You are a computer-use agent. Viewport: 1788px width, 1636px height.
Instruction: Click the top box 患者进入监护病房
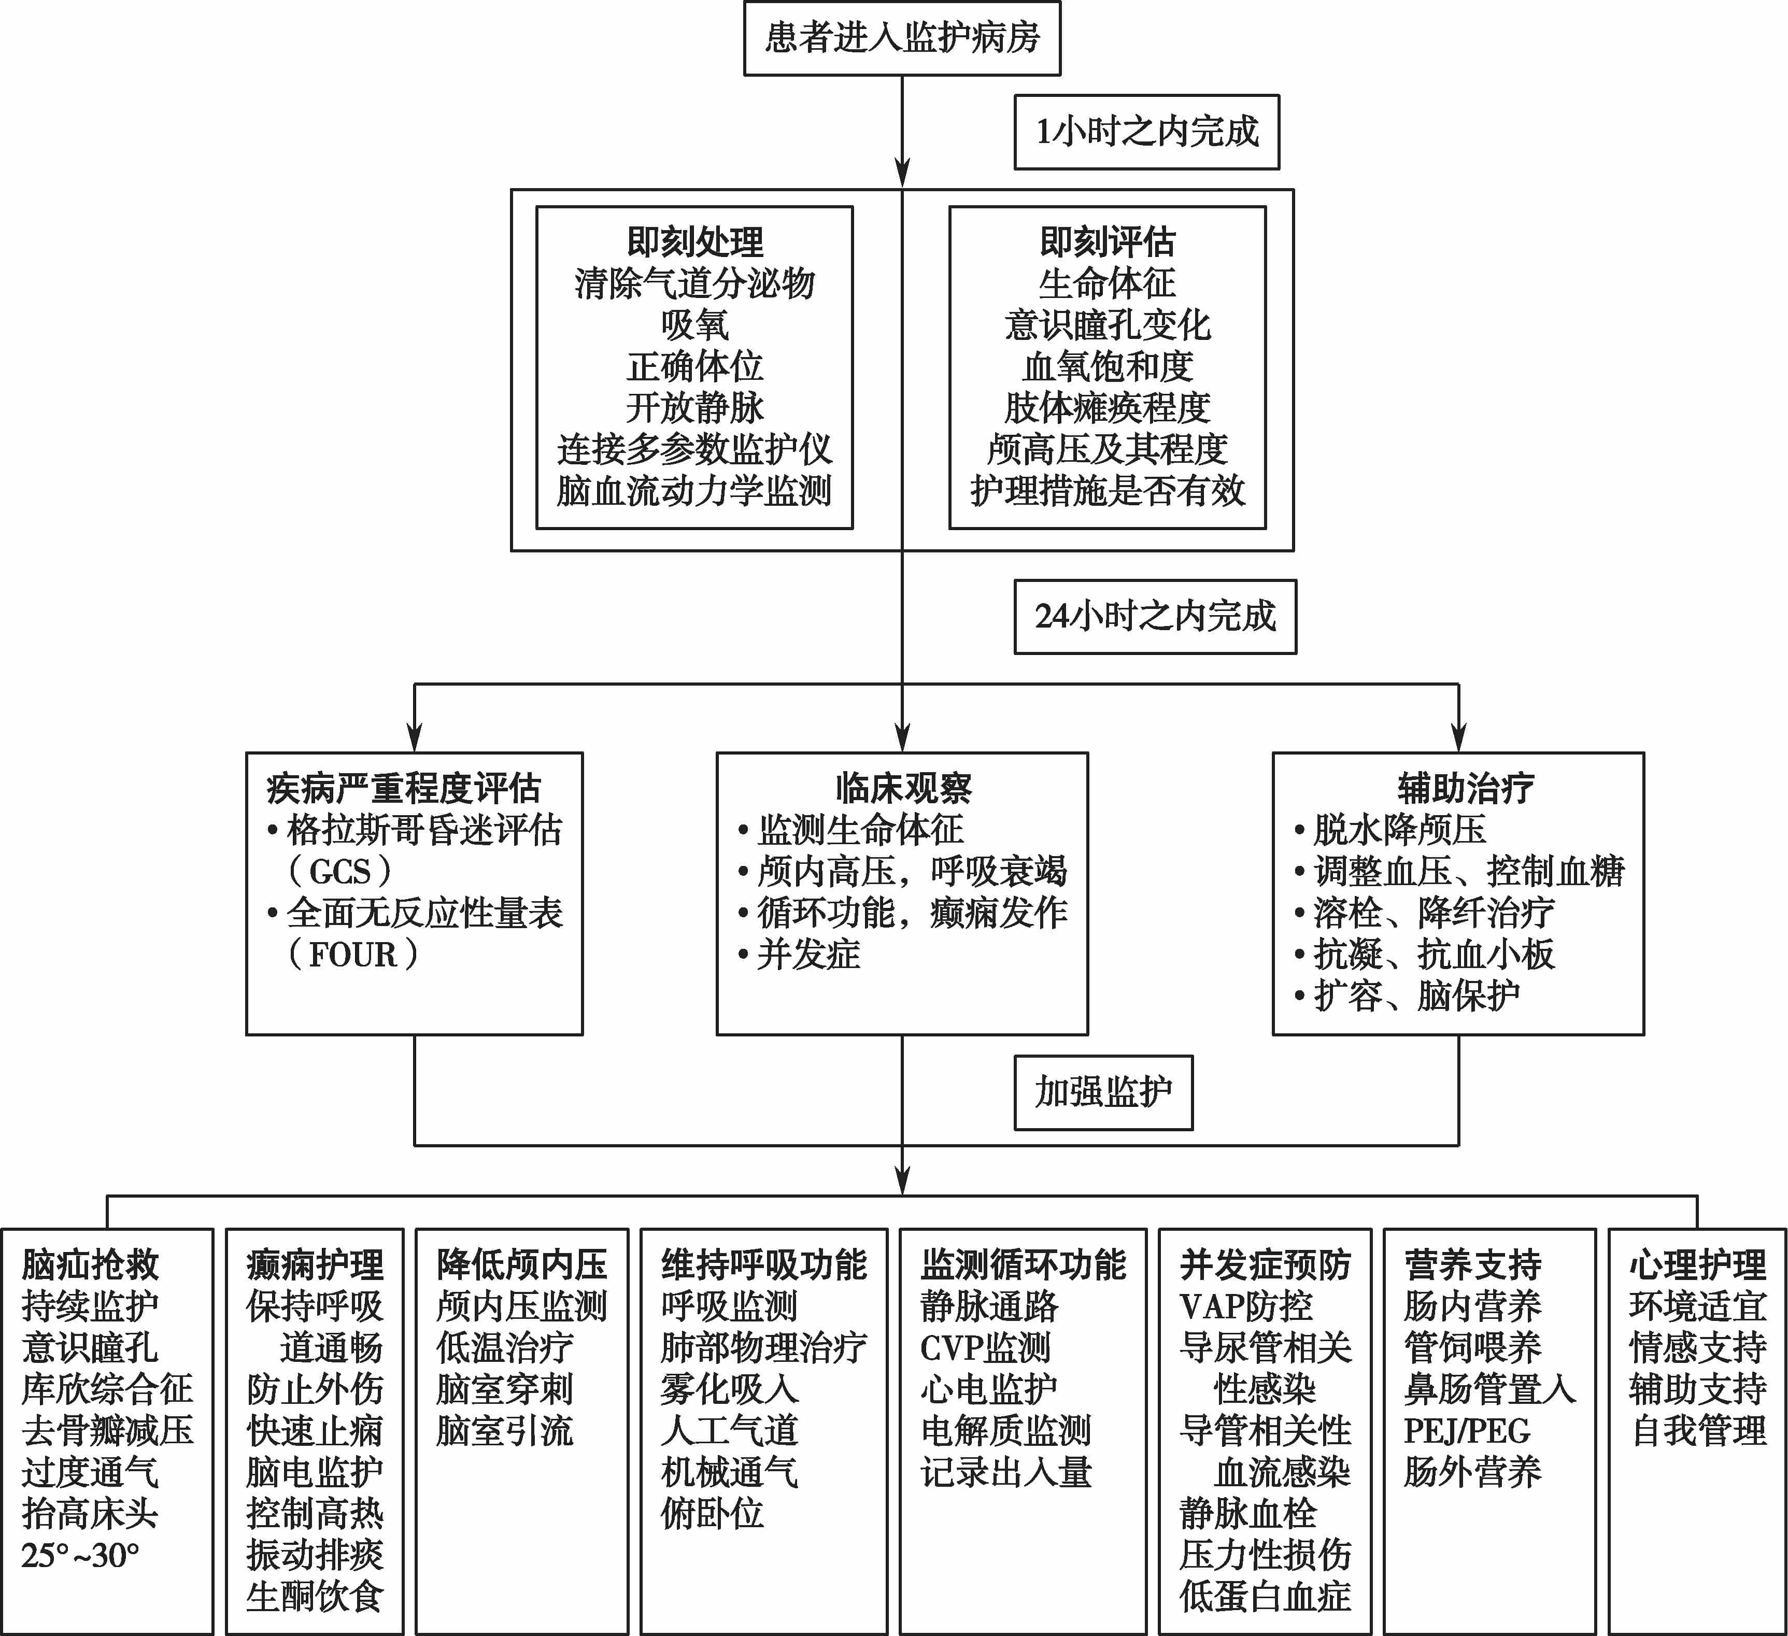coord(902,38)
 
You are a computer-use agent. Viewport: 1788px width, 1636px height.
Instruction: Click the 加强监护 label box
coord(1103,1092)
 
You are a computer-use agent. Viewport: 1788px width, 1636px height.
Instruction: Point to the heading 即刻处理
coord(694,241)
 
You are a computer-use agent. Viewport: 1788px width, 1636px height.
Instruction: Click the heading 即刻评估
coord(1107,241)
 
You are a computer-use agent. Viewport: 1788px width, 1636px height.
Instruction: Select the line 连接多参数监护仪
coord(694,450)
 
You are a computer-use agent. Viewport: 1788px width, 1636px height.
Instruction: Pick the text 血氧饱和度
coord(1107,366)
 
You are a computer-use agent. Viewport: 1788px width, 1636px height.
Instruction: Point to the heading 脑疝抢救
coord(91,1264)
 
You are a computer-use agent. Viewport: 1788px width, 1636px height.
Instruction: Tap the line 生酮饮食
coord(315,1597)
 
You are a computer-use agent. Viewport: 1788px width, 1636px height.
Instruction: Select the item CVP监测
coord(985,1348)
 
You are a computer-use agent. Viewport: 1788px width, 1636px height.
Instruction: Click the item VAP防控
coord(1246,1306)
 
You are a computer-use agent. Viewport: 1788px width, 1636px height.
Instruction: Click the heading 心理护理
coord(1697,1264)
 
